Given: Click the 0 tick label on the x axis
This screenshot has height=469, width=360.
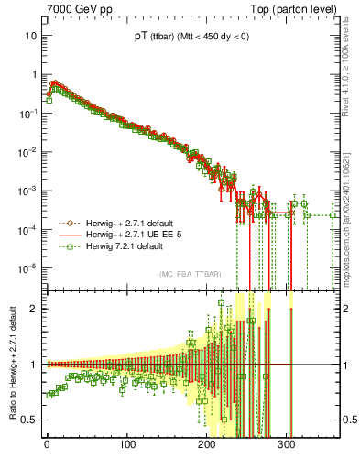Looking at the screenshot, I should click(x=47, y=446).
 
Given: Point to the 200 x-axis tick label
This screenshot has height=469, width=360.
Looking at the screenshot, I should click(x=206, y=446).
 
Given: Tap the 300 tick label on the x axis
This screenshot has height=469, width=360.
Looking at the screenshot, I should click(x=286, y=446).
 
